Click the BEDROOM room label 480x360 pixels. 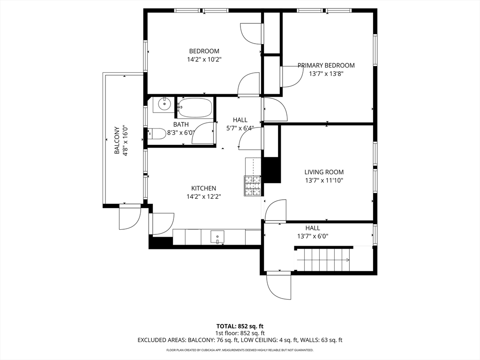[x=204, y=51]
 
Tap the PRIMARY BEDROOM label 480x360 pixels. [x=326, y=65]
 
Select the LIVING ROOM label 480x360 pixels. [x=324, y=172]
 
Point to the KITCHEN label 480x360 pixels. [x=203, y=188]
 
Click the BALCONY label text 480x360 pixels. [x=117, y=140]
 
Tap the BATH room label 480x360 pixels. [x=181, y=125]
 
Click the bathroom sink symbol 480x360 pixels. [x=164, y=105]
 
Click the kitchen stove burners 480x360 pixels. [x=253, y=186]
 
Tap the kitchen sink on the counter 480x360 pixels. [x=217, y=237]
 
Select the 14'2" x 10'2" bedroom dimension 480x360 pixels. [x=204, y=60]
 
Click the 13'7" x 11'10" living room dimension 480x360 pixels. [x=324, y=180]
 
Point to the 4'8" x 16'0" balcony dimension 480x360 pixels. [x=125, y=140]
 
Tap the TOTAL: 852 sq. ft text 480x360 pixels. [x=240, y=326]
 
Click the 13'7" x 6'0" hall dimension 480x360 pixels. [x=313, y=236]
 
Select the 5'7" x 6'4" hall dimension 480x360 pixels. [x=240, y=128]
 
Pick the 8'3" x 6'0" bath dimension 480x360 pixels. [x=181, y=133]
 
